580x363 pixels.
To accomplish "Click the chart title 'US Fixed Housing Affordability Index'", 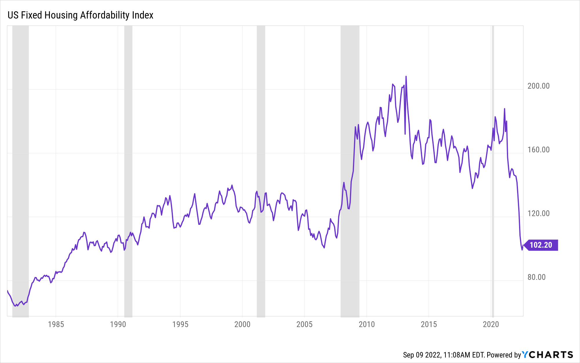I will [x=80, y=15].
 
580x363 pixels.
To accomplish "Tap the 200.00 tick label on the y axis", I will [x=538, y=86].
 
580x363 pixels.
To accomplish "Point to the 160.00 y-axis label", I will [x=538, y=150].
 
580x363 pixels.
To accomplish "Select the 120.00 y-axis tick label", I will [x=538, y=214].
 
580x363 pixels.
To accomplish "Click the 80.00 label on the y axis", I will [x=536, y=277].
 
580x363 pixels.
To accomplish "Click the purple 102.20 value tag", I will [x=541, y=245].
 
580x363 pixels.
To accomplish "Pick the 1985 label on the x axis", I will [x=56, y=324].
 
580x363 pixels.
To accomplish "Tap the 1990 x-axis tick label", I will [x=118, y=324].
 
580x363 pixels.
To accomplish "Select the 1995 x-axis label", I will [x=180, y=324].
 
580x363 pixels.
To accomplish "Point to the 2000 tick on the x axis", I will [x=242, y=324].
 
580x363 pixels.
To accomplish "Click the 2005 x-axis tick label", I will [x=304, y=324].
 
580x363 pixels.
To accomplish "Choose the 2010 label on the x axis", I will [x=367, y=324].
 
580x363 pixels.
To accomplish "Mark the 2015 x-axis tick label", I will [x=429, y=324].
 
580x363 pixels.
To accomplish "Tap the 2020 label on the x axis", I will [x=491, y=324].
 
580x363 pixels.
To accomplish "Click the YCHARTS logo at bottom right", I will [x=548, y=355].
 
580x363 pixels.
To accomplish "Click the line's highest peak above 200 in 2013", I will [x=406, y=76].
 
